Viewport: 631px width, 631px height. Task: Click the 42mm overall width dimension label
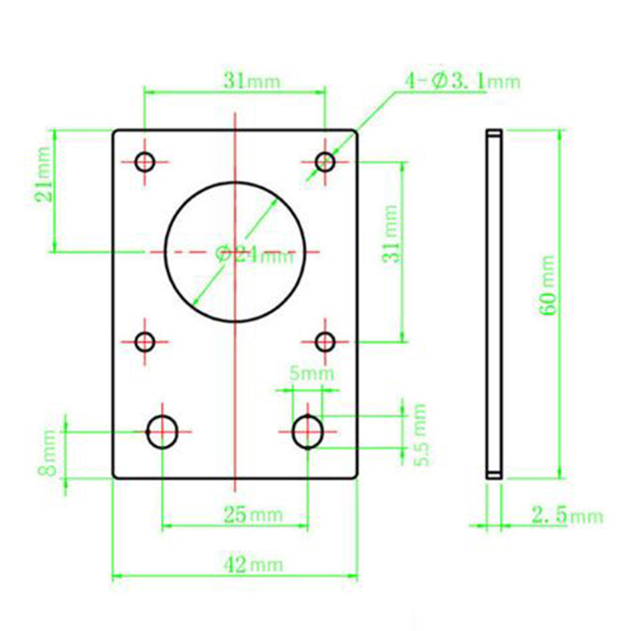[x=253, y=565]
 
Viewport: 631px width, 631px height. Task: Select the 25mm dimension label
[x=253, y=514]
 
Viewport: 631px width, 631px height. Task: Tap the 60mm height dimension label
[x=548, y=285]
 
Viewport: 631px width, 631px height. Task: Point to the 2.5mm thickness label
[x=567, y=516]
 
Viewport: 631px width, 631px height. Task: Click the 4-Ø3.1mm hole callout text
[x=463, y=81]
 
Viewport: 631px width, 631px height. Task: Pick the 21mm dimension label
[x=43, y=174]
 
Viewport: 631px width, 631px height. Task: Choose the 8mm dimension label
[x=48, y=453]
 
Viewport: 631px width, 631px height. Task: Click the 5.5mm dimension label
[x=420, y=435]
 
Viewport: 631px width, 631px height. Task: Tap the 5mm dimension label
[x=312, y=374]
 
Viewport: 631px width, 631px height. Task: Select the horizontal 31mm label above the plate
[x=252, y=81]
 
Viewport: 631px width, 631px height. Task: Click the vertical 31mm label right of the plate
[x=390, y=234]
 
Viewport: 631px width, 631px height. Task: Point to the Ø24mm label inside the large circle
[x=255, y=254]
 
